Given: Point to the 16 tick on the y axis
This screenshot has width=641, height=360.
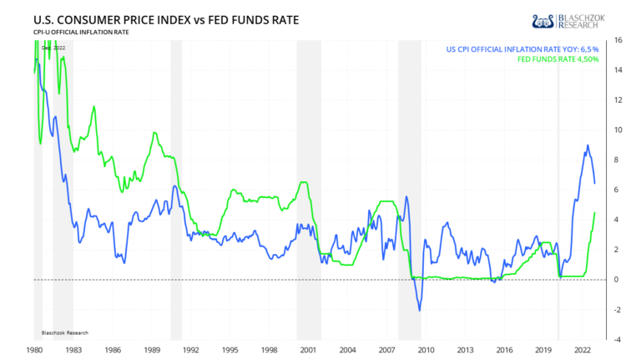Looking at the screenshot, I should pyautogui.click(x=617, y=40).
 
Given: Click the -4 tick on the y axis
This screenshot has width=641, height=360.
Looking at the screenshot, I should pyautogui.click(x=617, y=339).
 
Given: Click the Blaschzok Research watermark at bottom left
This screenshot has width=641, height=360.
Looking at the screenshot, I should pyautogui.click(x=66, y=332).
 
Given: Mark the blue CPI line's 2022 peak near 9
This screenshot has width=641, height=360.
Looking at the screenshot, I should pyautogui.click(x=588, y=145).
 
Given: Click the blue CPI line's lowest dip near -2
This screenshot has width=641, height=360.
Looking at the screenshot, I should pyautogui.click(x=419, y=310).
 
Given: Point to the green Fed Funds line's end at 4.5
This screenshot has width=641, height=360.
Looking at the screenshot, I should pyautogui.click(x=594, y=212).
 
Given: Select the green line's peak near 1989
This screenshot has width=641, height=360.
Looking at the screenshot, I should pyautogui.click(x=154, y=132).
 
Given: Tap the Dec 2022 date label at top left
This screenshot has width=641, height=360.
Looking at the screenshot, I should pyautogui.click(x=53, y=48).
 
